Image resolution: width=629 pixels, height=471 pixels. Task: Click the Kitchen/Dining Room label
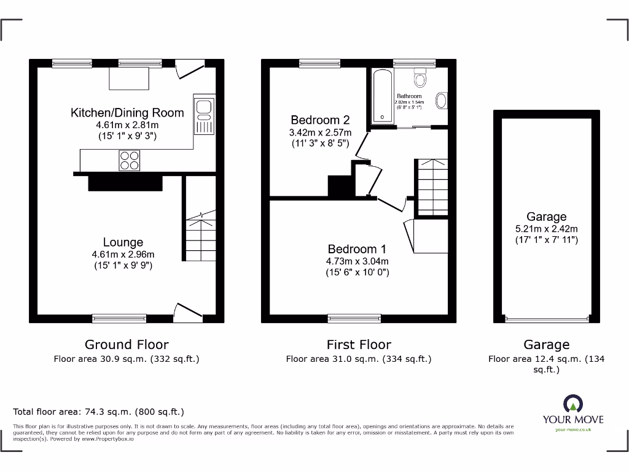(x=127, y=112)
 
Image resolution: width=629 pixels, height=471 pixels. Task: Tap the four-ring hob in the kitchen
(x=129, y=160)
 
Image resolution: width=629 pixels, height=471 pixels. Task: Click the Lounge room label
(x=123, y=243)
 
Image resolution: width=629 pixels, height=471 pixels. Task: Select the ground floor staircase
(x=200, y=236)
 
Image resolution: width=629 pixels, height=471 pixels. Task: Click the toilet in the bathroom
(x=421, y=78)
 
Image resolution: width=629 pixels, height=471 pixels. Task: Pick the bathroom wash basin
(x=441, y=100)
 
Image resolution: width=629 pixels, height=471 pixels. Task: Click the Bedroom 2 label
(x=320, y=120)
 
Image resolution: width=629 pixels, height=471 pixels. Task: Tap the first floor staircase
(x=432, y=188)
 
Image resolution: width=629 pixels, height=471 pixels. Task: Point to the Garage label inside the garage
(x=546, y=216)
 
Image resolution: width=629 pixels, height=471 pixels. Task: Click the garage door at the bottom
(x=546, y=318)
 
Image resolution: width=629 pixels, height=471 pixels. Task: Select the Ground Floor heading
(x=127, y=345)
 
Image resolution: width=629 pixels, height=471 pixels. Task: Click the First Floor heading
(x=359, y=345)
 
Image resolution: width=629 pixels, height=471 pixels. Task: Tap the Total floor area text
(x=98, y=412)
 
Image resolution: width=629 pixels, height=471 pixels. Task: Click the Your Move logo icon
(x=572, y=404)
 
